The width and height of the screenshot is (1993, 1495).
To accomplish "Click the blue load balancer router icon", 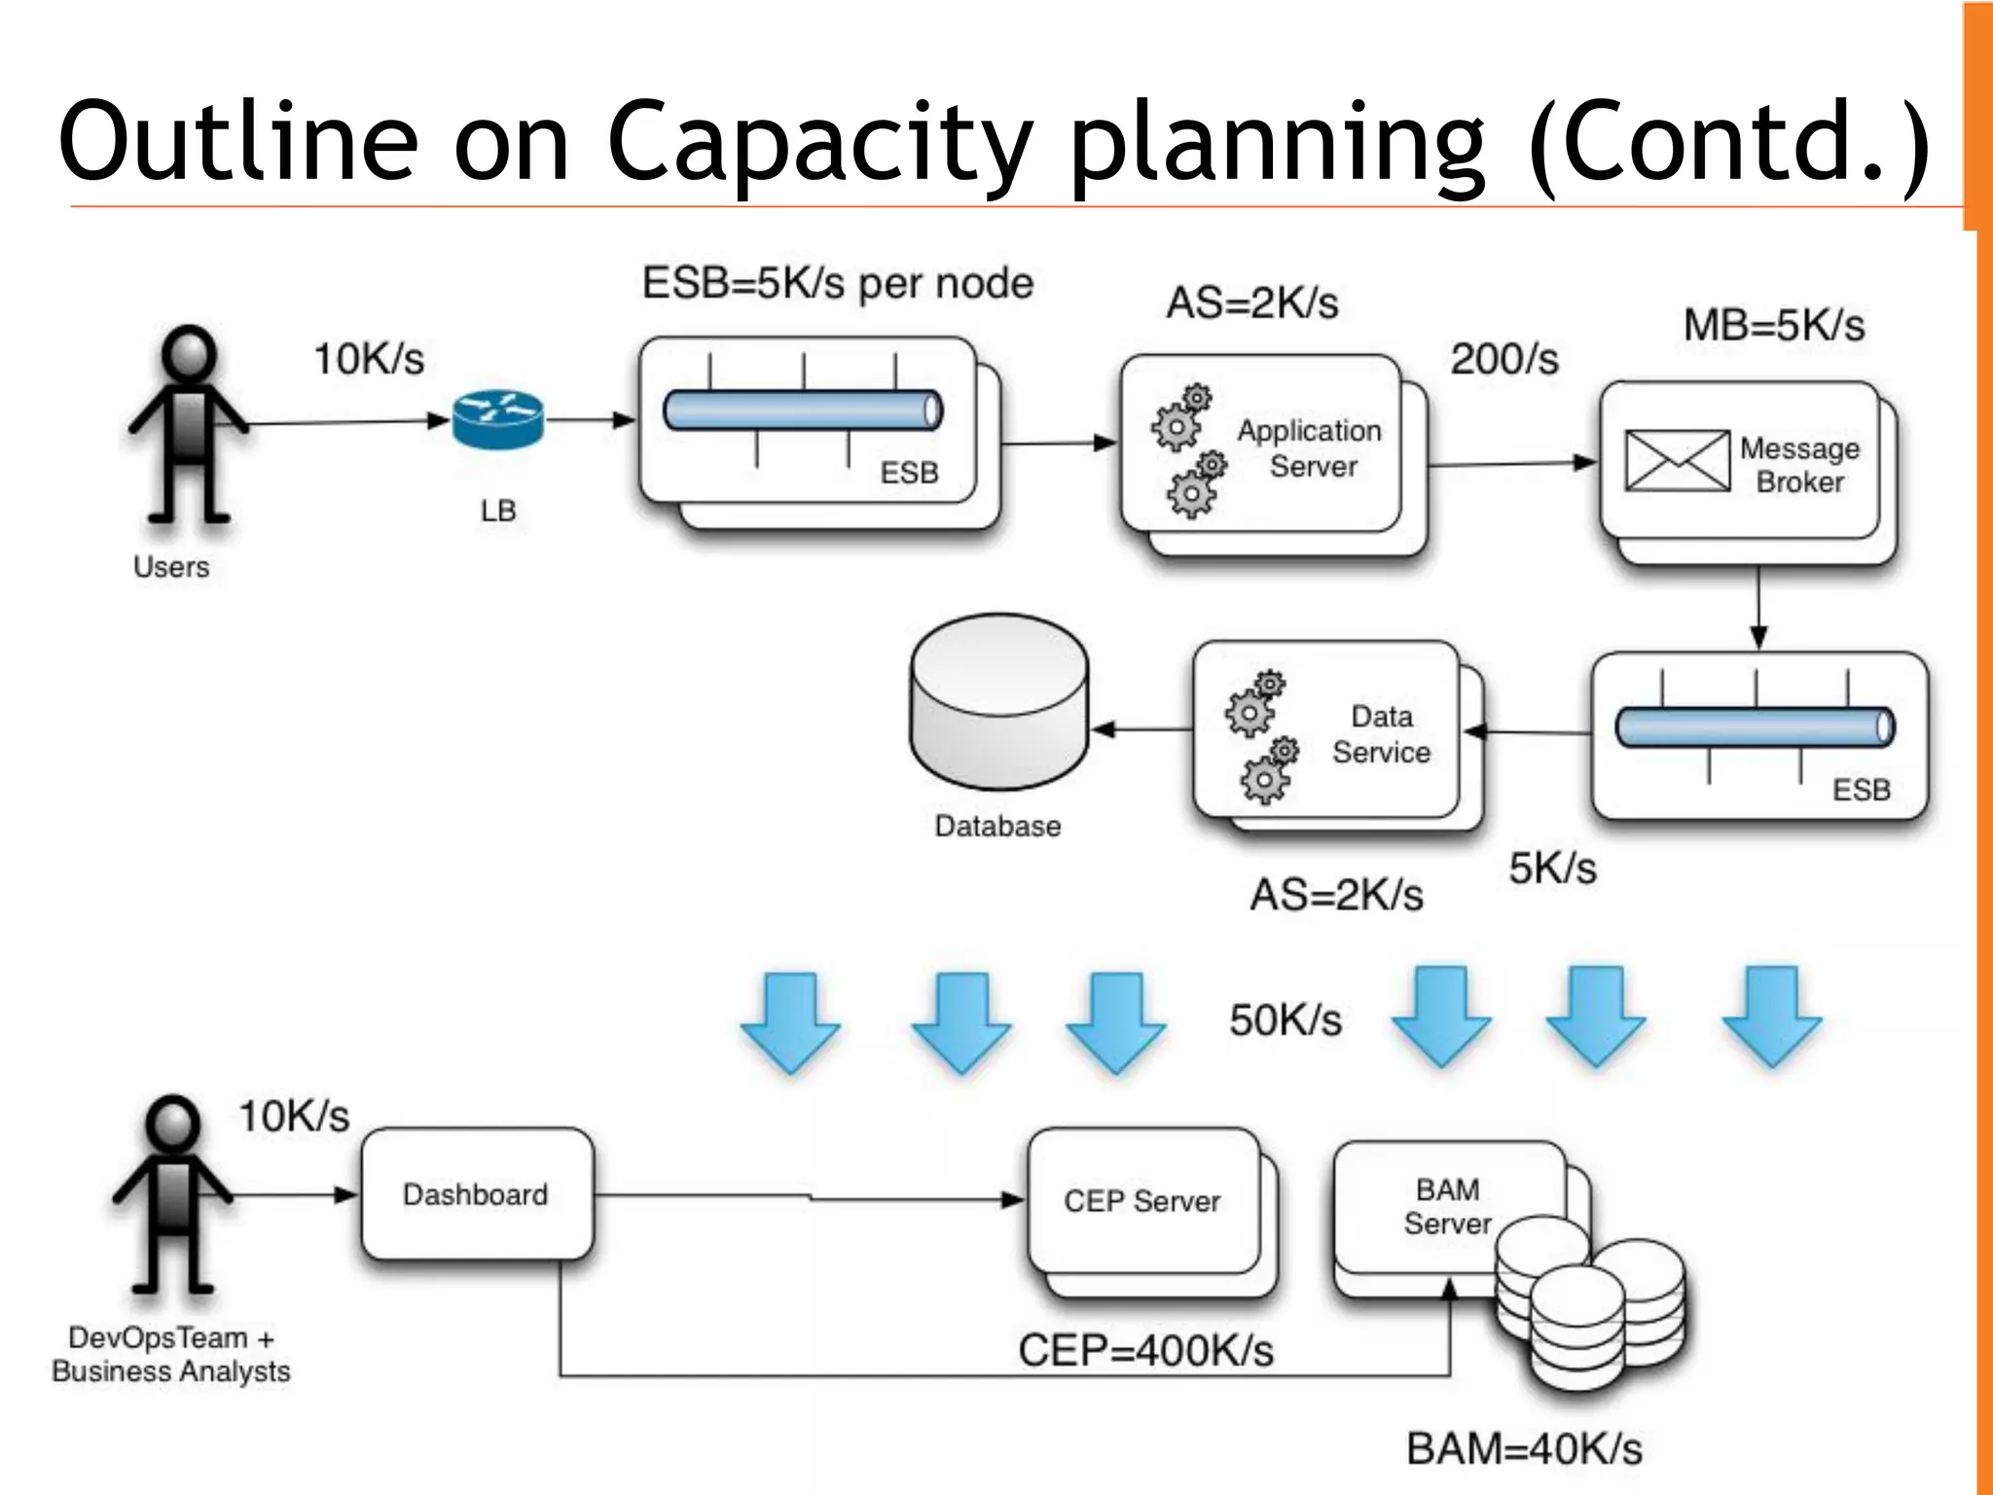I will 497,419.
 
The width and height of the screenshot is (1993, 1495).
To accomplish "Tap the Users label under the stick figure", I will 171,566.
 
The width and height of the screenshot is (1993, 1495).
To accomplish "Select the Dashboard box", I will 476,1194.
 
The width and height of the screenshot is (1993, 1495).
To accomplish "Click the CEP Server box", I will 1142,1201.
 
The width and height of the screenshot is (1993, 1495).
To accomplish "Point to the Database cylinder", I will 998,701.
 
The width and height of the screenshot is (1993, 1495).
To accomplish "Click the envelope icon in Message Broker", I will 1677,460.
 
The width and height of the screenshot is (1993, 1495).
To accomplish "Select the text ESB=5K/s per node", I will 837,283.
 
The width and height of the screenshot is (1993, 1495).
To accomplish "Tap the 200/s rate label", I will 1504,359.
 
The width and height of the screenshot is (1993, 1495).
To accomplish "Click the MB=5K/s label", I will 1773,325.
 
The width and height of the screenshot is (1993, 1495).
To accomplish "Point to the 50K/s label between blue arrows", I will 1285,1020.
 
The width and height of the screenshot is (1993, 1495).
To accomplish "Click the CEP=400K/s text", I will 1145,1350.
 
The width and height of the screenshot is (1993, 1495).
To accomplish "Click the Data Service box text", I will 1381,734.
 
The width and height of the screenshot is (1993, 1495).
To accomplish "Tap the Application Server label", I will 1310,447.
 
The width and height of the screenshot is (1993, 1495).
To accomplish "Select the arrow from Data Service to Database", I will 1142,729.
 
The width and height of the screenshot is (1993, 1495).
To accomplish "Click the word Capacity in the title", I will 818,143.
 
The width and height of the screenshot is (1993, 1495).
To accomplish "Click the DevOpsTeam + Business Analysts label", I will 171,1355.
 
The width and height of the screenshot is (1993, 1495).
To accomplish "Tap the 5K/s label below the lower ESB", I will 1552,868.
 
